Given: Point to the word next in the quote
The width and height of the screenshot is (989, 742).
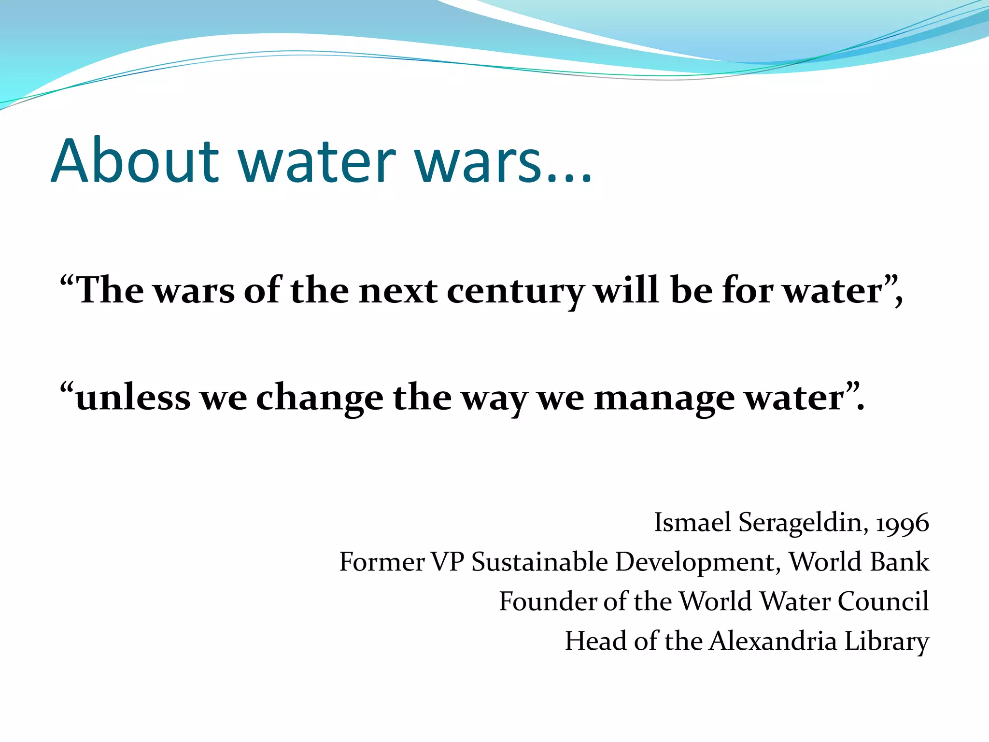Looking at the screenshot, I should click(x=398, y=291).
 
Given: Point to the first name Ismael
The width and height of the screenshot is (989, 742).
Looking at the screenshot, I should click(x=692, y=523).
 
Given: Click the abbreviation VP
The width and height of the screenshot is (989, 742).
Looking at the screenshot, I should click(x=448, y=562).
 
